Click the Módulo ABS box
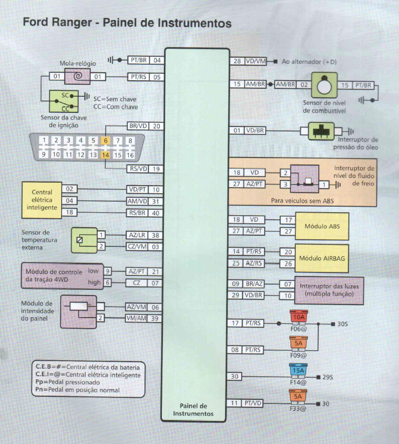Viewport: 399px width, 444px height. (x=321, y=226)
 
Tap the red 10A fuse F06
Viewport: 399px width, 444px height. (x=299, y=318)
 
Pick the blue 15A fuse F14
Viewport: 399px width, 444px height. (x=299, y=371)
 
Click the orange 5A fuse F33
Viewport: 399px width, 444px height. (x=299, y=397)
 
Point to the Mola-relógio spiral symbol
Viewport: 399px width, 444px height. (x=77, y=77)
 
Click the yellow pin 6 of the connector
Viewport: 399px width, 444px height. (x=106, y=141)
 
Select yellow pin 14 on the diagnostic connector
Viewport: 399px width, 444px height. (x=106, y=155)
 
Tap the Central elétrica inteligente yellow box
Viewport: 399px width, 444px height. (x=42, y=200)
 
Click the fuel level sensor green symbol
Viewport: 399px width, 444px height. (x=324, y=85)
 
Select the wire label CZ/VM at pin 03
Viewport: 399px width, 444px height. (x=137, y=246)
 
